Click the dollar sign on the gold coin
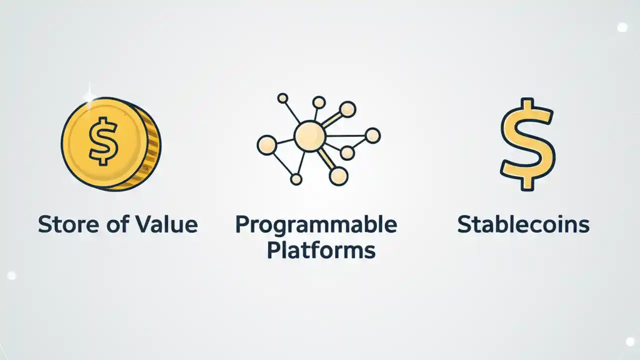[x=103, y=140]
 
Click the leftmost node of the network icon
[x=266, y=145]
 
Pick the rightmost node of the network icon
[x=372, y=135]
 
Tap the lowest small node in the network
[x=296, y=179]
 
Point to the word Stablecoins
[x=523, y=224]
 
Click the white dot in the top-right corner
[x=622, y=27]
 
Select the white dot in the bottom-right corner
[x=630, y=341]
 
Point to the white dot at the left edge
[x=11, y=275]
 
